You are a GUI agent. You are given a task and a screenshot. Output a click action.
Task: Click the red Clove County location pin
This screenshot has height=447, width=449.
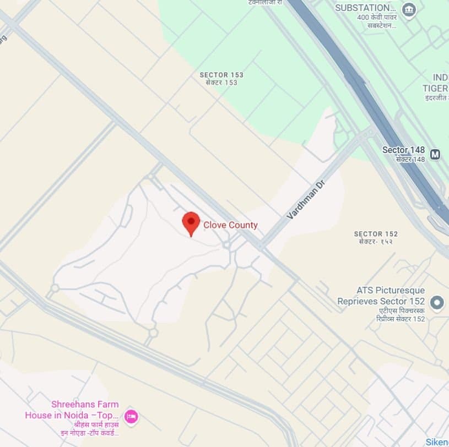(x=191, y=222)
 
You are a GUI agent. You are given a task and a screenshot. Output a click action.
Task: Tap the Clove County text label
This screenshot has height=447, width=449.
(x=230, y=225)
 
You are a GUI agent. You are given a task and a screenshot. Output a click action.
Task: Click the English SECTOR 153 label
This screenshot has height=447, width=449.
(x=221, y=75)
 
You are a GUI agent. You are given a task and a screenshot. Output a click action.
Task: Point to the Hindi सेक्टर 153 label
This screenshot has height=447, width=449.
(x=221, y=83)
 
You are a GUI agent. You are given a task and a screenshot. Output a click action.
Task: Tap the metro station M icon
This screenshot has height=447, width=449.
(x=435, y=155)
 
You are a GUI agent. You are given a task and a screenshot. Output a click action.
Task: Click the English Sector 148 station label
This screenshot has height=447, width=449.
(x=404, y=150)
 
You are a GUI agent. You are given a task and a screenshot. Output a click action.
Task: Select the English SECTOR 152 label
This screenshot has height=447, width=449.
(x=376, y=234)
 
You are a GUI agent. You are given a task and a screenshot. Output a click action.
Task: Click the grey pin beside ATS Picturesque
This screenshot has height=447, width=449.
(x=437, y=302)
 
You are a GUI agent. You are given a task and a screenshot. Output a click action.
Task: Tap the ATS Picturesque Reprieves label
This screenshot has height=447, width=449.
(x=381, y=296)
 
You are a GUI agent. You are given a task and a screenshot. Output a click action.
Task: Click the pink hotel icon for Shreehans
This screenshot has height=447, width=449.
(x=131, y=416)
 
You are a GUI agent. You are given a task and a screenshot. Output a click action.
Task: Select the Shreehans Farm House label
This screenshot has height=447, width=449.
(x=72, y=410)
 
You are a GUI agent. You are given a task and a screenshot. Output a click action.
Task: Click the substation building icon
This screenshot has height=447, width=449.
(x=409, y=9)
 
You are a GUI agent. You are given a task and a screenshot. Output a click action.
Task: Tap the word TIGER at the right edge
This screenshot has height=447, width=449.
(x=435, y=88)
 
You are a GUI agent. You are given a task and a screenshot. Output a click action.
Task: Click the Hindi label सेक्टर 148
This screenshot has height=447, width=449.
(x=410, y=159)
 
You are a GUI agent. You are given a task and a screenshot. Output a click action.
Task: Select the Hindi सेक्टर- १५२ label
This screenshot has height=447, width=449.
(x=376, y=242)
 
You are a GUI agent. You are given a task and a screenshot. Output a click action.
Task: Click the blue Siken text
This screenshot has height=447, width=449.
(x=437, y=442)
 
